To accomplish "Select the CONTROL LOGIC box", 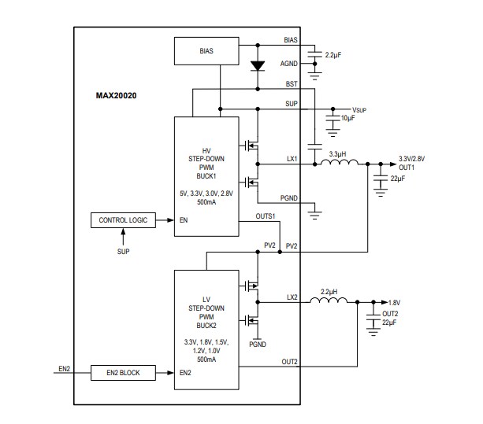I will pos(123,219).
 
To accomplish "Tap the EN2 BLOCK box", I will pos(123,372).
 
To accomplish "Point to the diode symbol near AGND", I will pos(255,65).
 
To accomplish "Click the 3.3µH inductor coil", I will pos(339,164).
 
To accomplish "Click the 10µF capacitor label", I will pos(347,118).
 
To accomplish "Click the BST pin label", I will pos(292,83).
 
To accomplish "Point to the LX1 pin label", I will pos(292,159).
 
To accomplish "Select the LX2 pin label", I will pos(292,297).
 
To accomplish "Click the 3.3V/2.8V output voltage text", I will pos(411,158).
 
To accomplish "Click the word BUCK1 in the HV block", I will pos(206,176).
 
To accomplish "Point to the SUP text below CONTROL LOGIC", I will pos(123,253).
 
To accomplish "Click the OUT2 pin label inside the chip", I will pos(290,362).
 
